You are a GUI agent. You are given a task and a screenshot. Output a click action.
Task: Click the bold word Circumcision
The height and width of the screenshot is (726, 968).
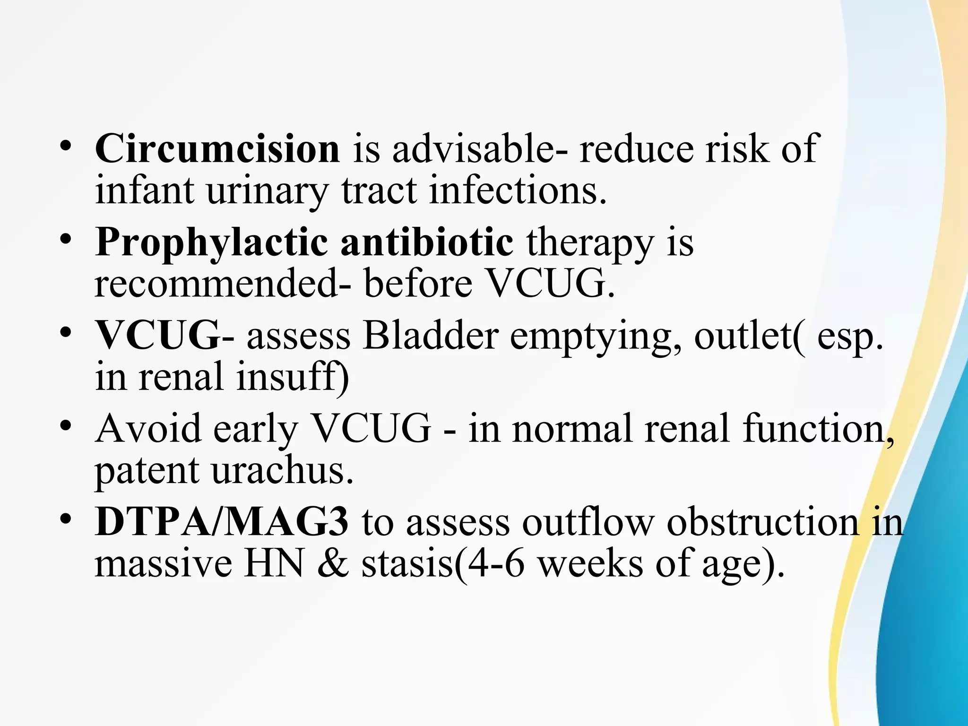click(217, 148)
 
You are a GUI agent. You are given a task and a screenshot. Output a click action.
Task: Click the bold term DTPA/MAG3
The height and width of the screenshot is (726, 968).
click(222, 522)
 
